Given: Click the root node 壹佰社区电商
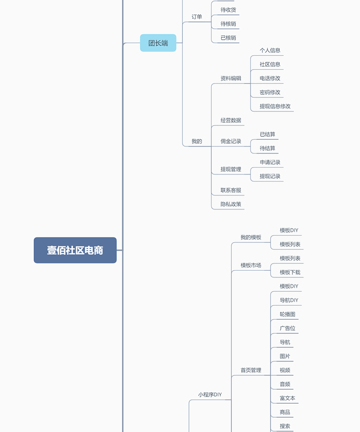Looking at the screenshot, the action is (x=75, y=250).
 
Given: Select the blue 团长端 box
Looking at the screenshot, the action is (x=158, y=43).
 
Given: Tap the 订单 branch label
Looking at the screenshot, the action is (x=197, y=17).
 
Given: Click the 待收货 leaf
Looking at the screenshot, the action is (x=228, y=10).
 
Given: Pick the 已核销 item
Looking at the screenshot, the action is (x=228, y=38).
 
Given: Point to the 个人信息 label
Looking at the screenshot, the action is (x=270, y=50).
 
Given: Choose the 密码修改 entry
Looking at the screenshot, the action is (x=270, y=92).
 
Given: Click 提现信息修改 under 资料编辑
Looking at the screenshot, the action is (x=275, y=107).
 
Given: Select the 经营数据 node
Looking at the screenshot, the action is (x=231, y=120).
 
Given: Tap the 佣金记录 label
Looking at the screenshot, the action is (x=231, y=141).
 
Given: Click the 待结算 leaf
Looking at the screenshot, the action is (x=267, y=148).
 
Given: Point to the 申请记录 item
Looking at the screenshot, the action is (x=270, y=162).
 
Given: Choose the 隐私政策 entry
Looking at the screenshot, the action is (x=231, y=204).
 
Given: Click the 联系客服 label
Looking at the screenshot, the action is (x=231, y=190).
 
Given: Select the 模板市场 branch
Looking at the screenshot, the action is (x=251, y=265).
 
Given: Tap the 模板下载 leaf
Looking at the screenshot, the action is (x=290, y=272).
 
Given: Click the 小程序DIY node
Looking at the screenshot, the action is (x=210, y=395).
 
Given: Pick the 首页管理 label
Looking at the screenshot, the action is (x=251, y=370).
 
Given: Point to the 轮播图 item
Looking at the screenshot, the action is (x=288, y=314).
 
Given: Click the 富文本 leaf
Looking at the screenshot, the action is (x=288, y=398).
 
